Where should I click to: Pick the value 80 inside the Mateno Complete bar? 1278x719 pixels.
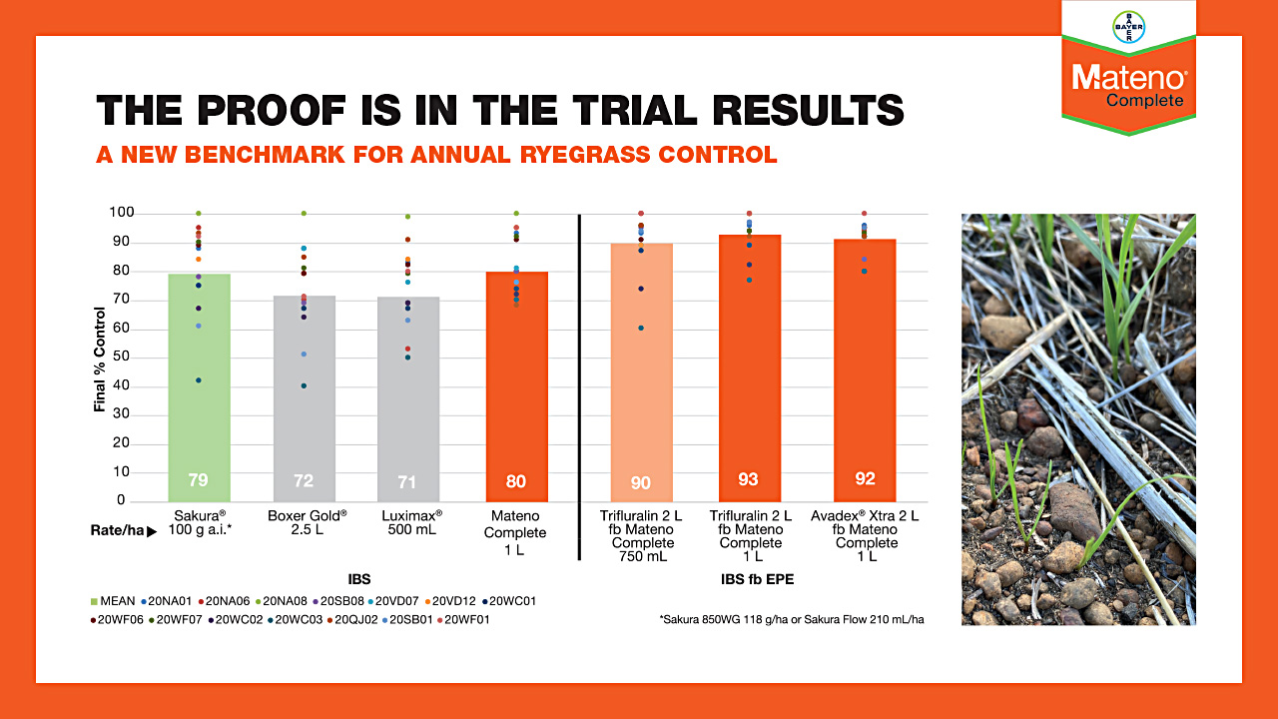(x=515, y=481)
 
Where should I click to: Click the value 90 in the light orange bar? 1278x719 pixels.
(x=640, y=483)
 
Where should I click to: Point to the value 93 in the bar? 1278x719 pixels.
(x=748, y=479)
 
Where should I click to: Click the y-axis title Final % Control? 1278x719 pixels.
(x=100, y=359)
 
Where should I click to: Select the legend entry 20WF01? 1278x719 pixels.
(x=468, y=620)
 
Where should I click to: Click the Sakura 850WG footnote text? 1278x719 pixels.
(x=791, y=620)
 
